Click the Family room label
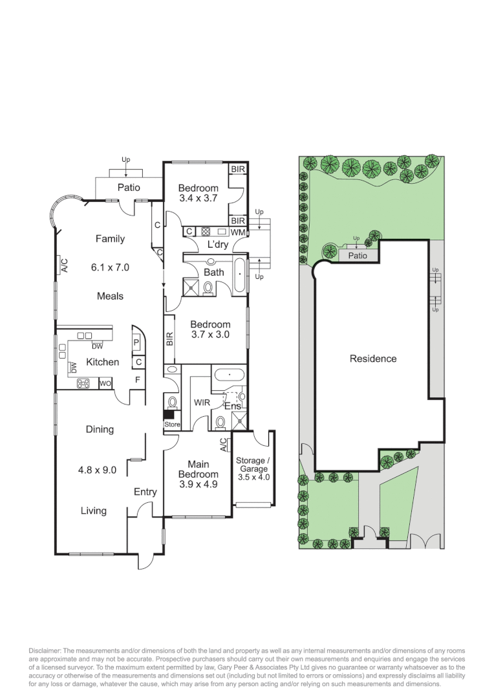click(110, 239)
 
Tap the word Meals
click(110, 296)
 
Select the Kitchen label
click(102, 362)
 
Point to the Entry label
click(145, 492)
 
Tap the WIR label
click(202, 403)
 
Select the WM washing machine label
click(238, 232)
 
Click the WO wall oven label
click(104, 384)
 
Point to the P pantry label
click(137, 343)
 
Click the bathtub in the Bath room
click(239, 274)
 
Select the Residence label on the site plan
click(373, 359)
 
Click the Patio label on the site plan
click(358, 256)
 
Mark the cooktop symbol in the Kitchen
click(83, 383)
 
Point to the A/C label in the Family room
click(64, 265)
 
